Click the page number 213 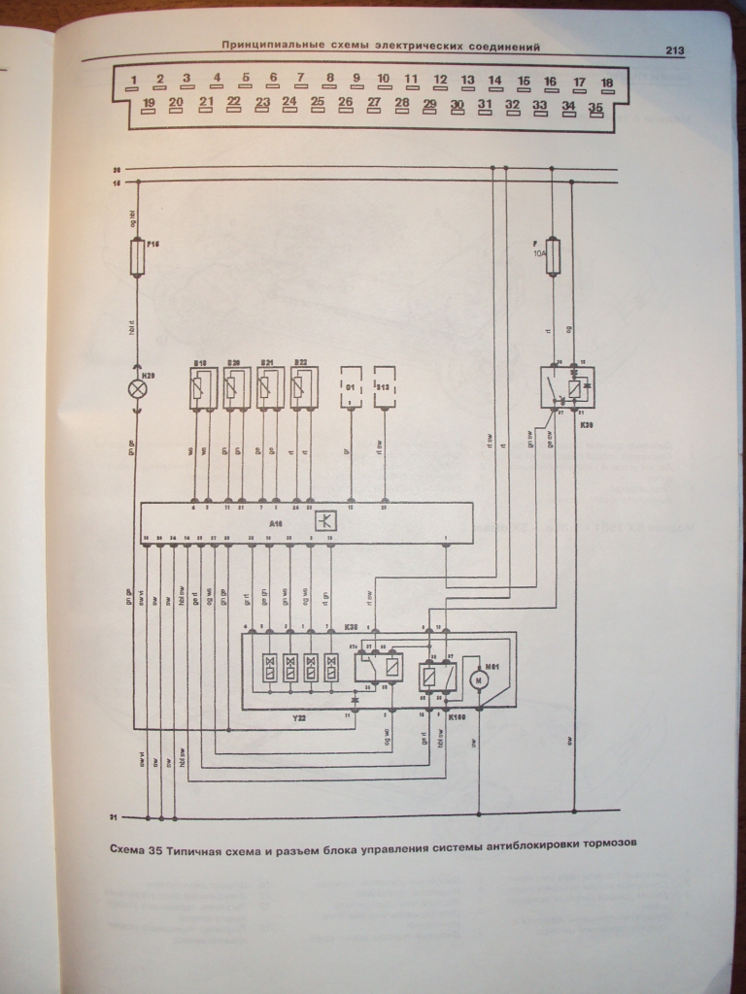point(676,50)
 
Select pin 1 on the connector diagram point(134,81)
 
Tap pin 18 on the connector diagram point(607,84)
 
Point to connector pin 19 point(149,103)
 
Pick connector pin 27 point(373,104)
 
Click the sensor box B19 point(200,388)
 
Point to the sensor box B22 point(302,388)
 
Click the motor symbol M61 point(477,680)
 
